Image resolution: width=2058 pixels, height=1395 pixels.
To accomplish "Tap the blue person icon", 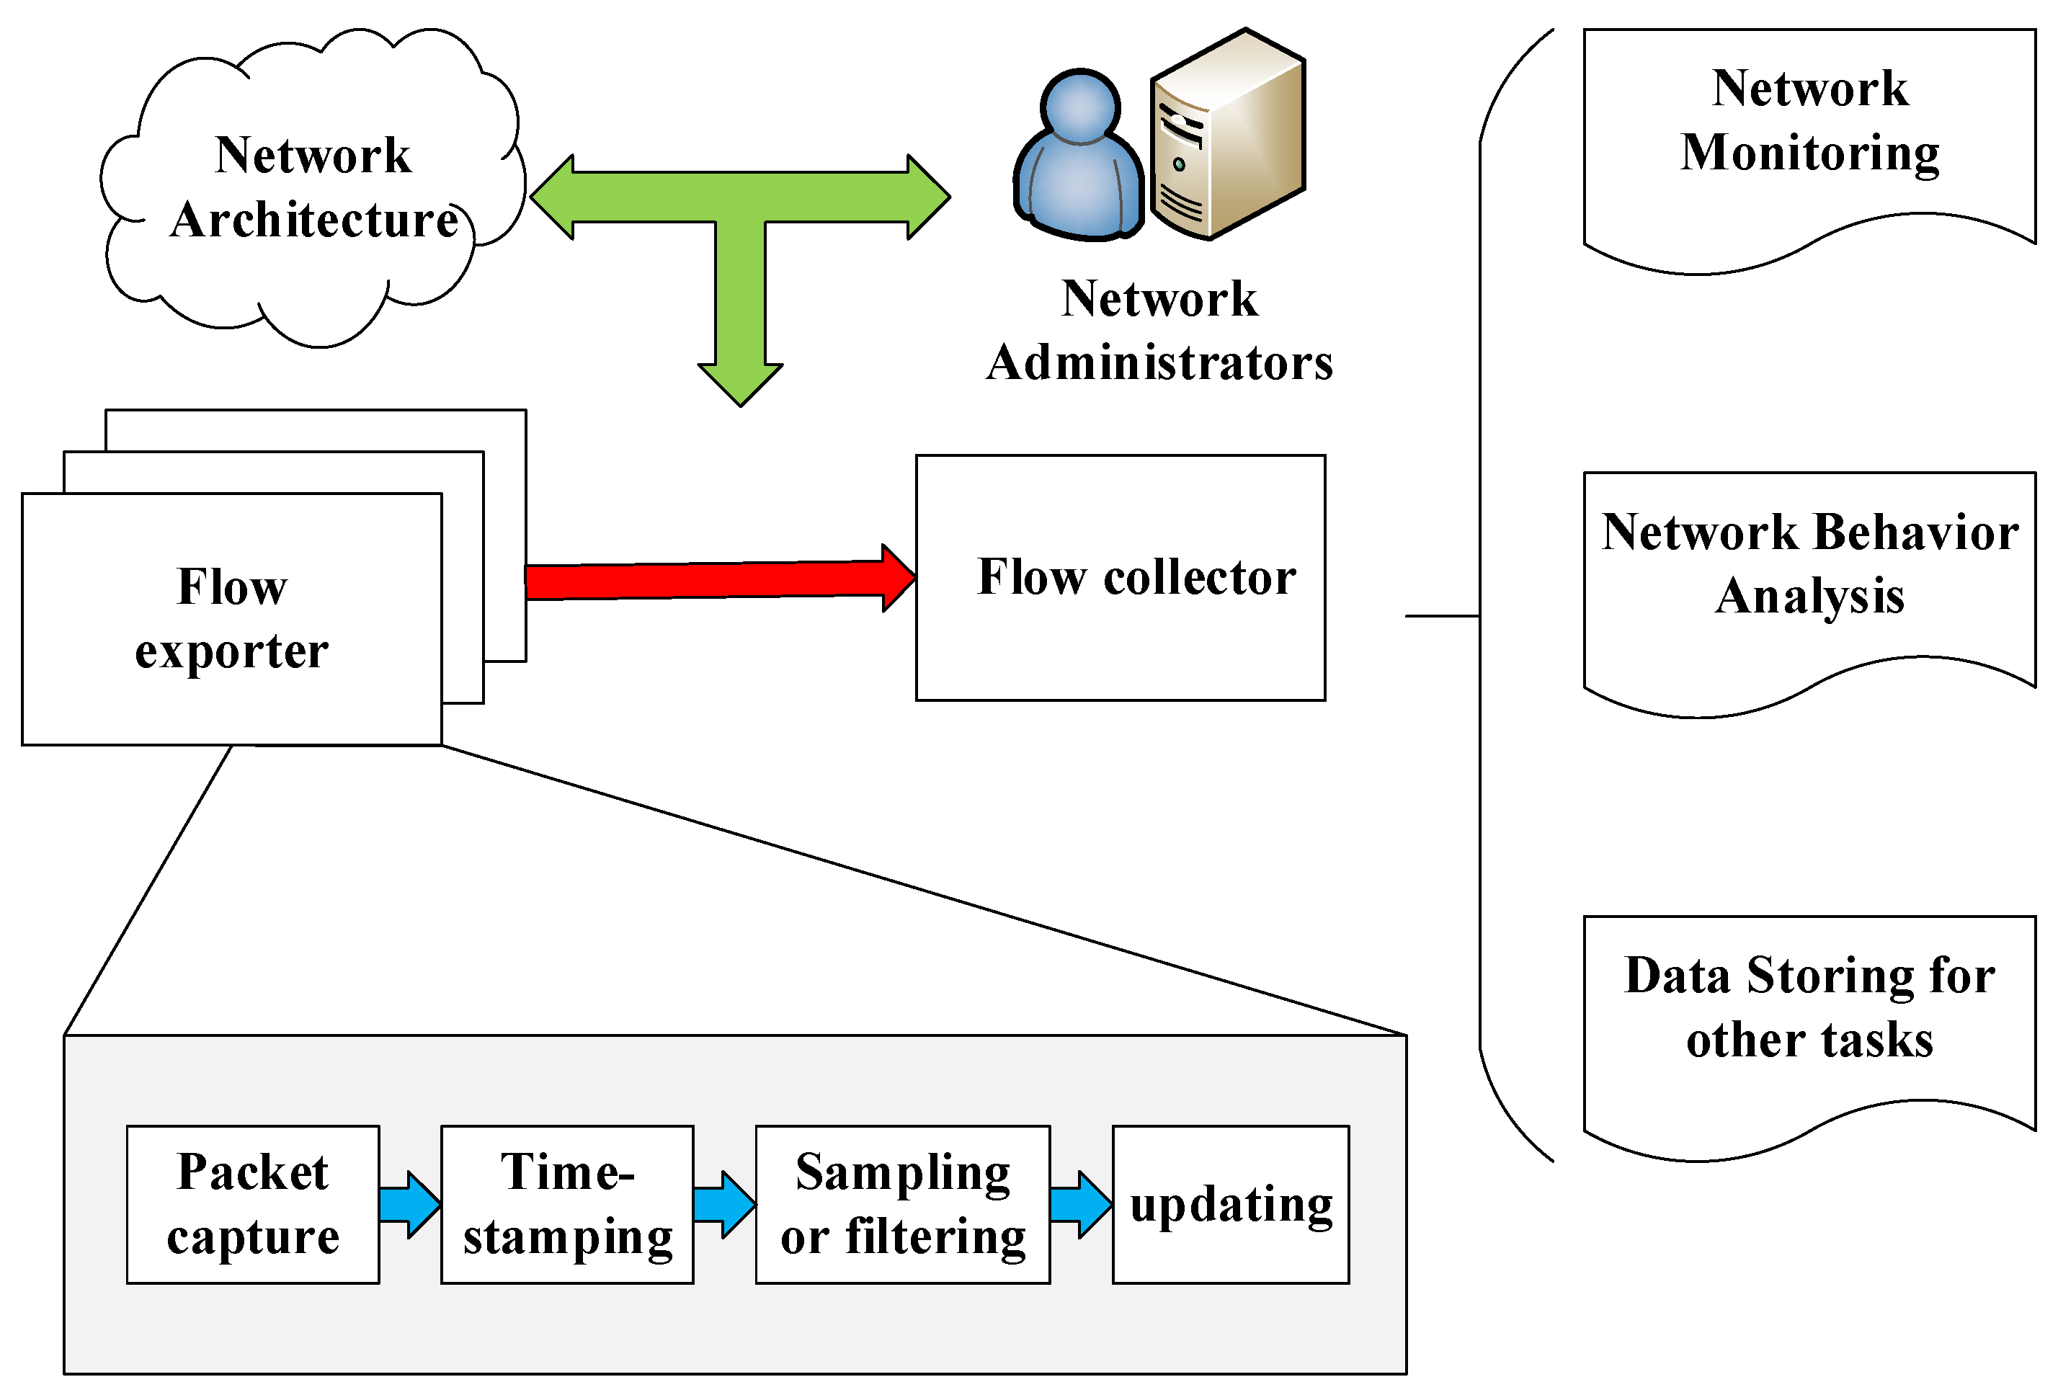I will point(1079,159).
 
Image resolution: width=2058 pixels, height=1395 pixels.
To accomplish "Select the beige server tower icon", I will point(1227,138).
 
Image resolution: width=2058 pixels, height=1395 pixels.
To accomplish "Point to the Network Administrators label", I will point(1159,330).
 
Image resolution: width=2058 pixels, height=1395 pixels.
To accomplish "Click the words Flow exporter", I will point(232,618).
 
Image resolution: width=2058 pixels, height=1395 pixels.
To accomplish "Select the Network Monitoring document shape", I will point(1809,142).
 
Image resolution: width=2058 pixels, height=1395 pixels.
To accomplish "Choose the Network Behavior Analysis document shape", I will point(1809,584).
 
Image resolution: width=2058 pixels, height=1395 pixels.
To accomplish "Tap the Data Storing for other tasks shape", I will point(1809,1028).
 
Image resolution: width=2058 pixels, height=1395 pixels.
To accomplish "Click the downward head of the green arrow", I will point(740,381).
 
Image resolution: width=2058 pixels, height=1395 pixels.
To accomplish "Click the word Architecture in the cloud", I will point(315,220).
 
